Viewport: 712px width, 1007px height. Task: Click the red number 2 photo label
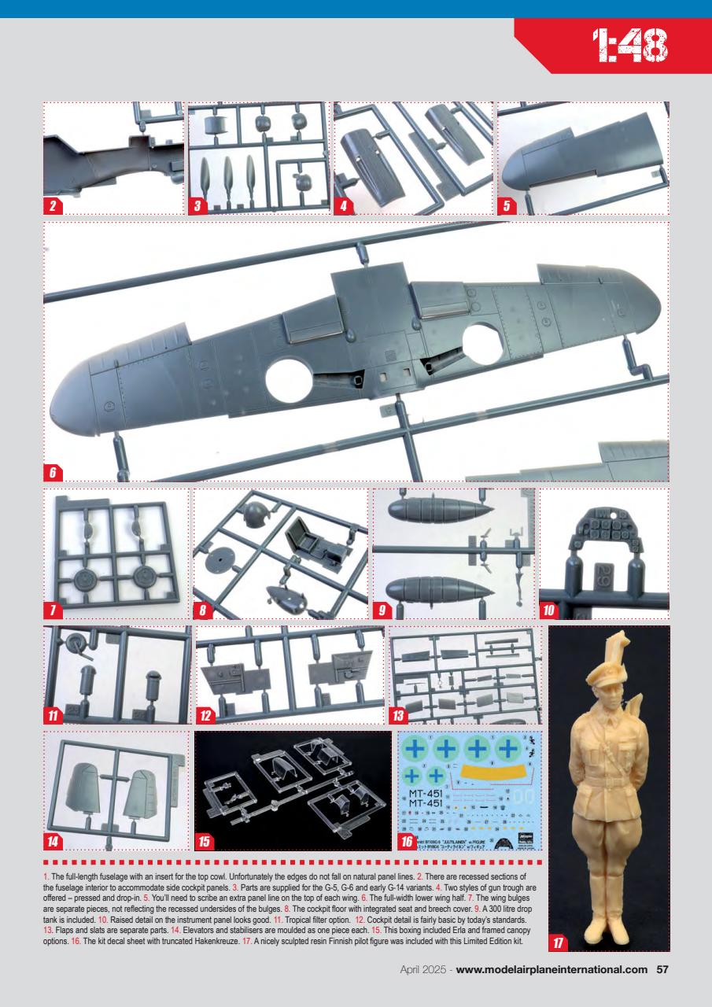click(x=53, y=207)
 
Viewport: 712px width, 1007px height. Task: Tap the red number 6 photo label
click(x=53, y=473)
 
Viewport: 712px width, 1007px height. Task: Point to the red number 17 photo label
click(x=559, y=941)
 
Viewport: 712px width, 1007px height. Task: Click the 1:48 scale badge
click(x=629, y=46)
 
